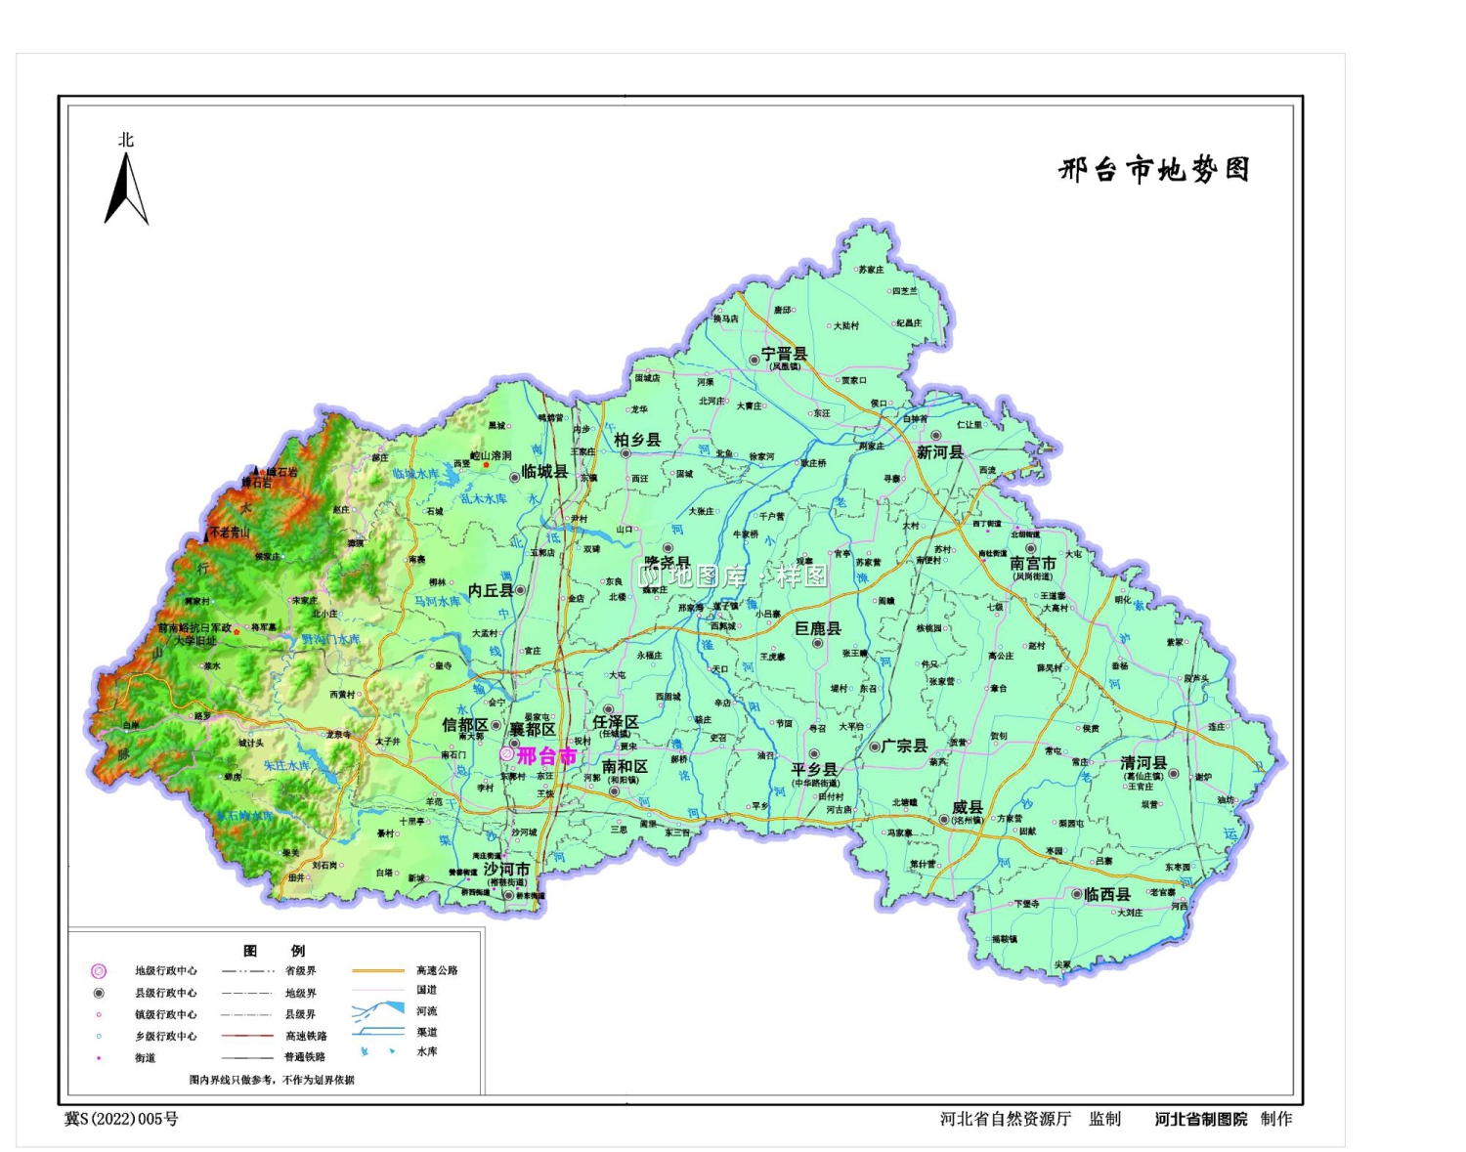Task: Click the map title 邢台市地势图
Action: [1154, 170]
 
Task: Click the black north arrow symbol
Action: [126, 190]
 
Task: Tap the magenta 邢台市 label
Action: [546, 755]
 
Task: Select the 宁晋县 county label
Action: [785, 354]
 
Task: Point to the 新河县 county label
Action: [940, 452]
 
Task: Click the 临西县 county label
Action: [1107, 894]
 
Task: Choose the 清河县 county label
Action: [1143, 763]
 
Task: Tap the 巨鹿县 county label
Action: [818, 628]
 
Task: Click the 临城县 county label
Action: [544, 472]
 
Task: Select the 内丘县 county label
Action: [491, 590]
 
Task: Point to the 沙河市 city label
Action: [506, 869]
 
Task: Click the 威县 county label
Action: [967, 807]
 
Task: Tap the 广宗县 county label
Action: [904, 746]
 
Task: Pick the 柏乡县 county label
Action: [637, 440]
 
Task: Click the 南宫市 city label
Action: [1033, 564]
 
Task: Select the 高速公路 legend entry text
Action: [437, 970]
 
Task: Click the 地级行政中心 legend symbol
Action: [99, 971]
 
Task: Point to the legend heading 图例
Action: [274, 951]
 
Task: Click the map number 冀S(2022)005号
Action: [121, 1119]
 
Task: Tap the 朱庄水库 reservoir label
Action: [286, 766]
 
